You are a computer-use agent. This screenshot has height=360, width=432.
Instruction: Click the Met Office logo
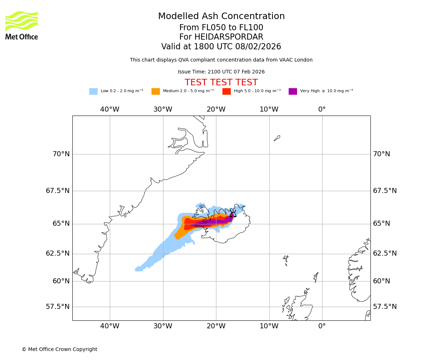click(22, 25)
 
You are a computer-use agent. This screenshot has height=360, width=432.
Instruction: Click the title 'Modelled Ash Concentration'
click(221, 17)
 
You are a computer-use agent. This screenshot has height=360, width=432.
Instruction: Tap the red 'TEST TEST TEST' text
click(221, 83)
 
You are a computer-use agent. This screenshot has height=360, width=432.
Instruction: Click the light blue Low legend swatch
click(93, 91)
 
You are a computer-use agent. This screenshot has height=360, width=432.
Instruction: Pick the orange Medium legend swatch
click(156, 91)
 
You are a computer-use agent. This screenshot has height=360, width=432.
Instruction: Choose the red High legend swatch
click(226, 91)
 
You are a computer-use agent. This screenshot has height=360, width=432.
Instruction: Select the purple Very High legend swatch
click(293, 91)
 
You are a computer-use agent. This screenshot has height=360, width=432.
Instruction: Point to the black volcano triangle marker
click(233, 214)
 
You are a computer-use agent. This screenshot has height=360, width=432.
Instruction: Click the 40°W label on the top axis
click(109, 109)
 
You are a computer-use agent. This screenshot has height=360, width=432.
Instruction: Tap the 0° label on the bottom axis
click(322, 326)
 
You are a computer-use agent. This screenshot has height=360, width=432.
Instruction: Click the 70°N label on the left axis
click(61, 154)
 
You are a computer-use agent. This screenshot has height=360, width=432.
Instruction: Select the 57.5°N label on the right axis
click(384, 307)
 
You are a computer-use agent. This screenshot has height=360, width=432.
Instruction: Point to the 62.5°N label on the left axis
click(58, 253)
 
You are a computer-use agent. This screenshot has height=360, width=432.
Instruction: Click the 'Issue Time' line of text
click(221, 72)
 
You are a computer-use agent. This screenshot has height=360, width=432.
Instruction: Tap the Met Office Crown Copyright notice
click(59, 350)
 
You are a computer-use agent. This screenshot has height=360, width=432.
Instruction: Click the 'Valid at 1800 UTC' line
click(221, 47)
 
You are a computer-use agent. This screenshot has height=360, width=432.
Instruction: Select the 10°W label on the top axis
click(269, 109)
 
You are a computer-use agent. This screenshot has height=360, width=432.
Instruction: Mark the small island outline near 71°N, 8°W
click(277, 138)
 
